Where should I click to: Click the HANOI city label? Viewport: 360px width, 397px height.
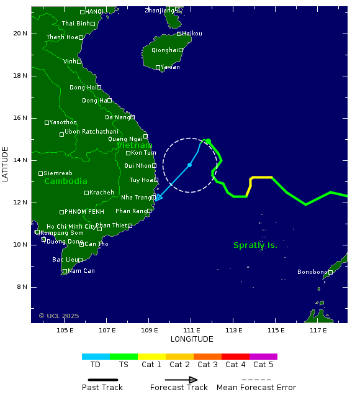pos(94,11)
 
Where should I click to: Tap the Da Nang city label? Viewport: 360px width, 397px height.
pos(117,117)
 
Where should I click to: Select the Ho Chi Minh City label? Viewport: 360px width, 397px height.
pos(71,227)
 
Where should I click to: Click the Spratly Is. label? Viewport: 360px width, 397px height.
pos(255,245)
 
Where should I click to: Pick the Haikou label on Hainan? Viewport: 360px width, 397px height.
pos(192,34)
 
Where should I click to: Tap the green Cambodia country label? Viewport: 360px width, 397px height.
pos(66,181)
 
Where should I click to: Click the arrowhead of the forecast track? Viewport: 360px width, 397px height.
pos(157,199)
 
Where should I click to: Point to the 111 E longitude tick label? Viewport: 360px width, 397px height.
pos(191,330)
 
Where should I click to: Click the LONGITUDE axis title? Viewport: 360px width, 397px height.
pos(192,339)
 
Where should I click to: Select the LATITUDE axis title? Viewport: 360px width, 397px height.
pos(6,164)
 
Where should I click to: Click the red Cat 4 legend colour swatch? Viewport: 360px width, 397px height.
pos(235,357)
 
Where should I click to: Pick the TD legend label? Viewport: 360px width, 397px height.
pos(96,365)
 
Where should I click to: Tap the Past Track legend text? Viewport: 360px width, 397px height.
pos(102,388)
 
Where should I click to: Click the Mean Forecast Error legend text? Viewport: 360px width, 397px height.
pos(256,388)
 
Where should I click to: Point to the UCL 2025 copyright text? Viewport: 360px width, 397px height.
pos(59,316)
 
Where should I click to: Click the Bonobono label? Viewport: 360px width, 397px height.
pos(312,272)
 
